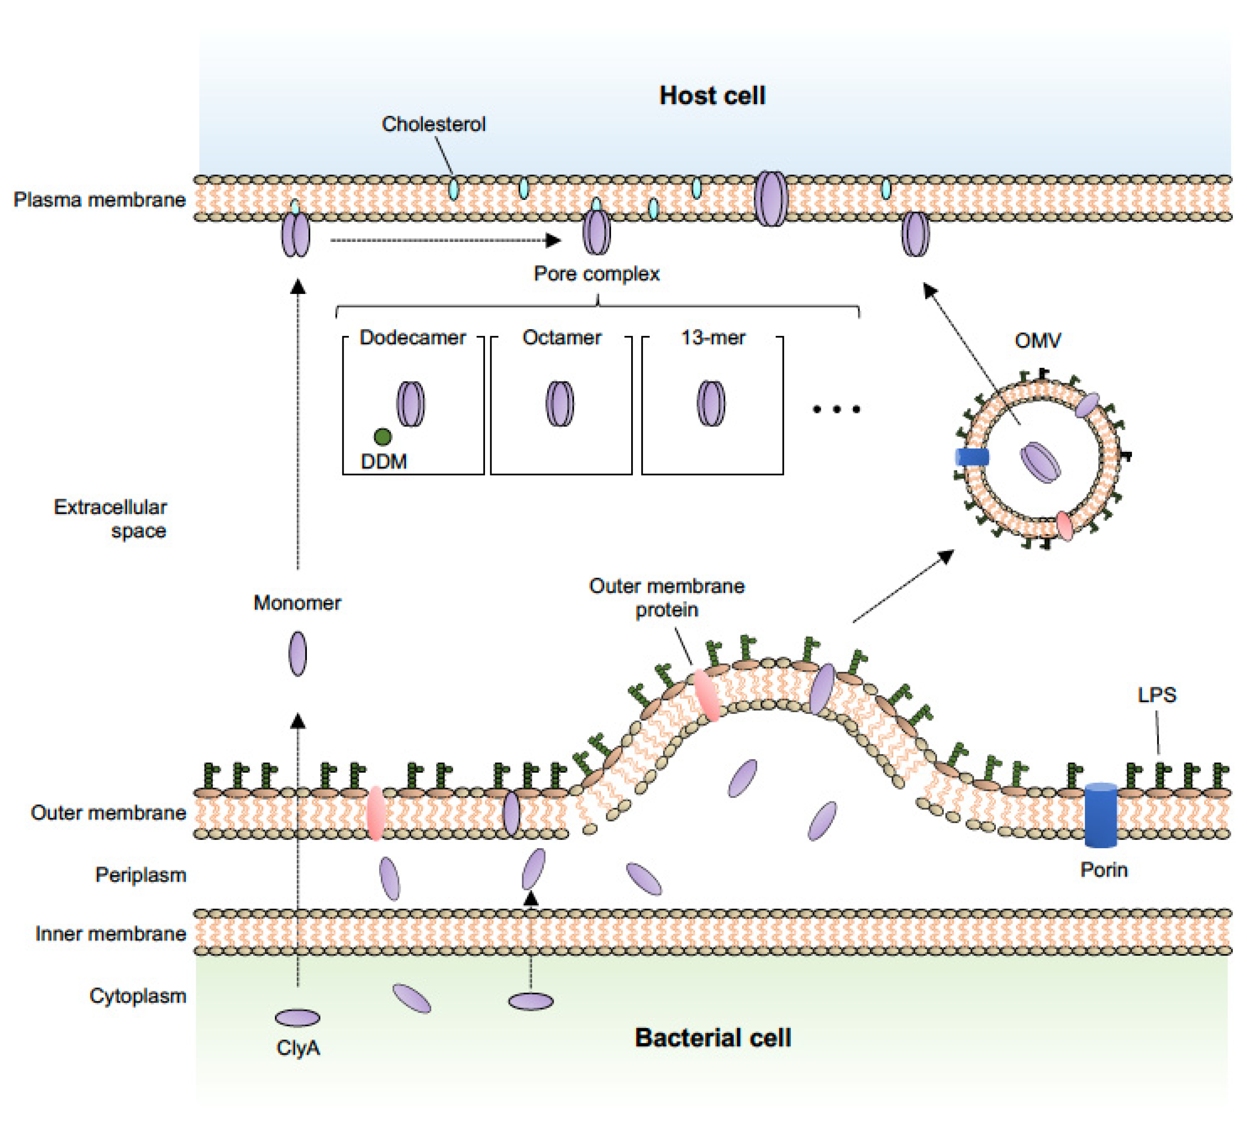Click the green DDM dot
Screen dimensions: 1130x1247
click(x=382, y=437)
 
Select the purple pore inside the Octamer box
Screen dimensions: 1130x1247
click(x=560, y=404)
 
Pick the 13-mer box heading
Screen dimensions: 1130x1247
click(x=713, y=338)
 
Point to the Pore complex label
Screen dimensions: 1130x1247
click(x=596, y=274)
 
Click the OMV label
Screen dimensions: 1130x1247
click(x=1037, y=340)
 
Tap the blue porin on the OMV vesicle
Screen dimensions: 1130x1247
click(x=972, y=457)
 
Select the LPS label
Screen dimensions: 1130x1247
click(x=1156, y=695)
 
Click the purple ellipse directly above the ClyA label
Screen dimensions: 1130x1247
click(x=298, y=1017)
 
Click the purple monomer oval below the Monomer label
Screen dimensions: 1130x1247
click(x=298, y=653)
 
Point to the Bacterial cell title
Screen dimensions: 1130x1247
click(x=713, y=1038)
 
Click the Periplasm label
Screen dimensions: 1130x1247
click(x=141, y=875)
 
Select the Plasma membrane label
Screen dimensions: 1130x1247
click(x=100, y=200)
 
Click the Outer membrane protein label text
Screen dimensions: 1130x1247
click(x=666, y=597)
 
